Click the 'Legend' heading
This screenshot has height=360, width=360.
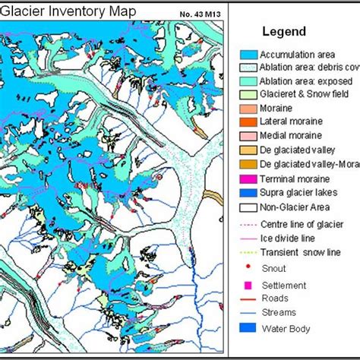point(284,32)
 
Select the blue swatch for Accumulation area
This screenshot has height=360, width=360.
point(246,55)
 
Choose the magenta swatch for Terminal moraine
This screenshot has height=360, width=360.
point(246,177)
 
